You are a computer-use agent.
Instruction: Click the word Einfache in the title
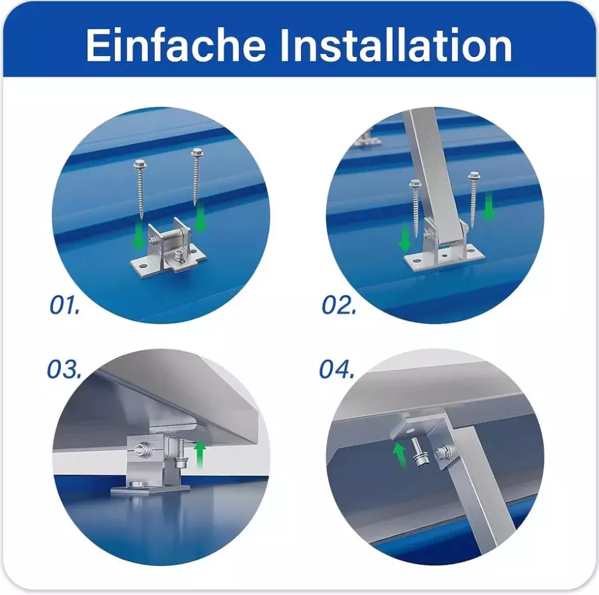click(176, 45)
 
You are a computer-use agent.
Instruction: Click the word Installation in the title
click(396, 45)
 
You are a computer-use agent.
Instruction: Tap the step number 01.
click(65, 305)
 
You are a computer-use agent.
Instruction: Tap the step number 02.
click(339, 305)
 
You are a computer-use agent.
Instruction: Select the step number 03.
click(64, 369)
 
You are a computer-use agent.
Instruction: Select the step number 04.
click(337, 369)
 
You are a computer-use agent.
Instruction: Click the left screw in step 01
click(139, 191)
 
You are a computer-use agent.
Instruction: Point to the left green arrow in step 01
click(139, 237)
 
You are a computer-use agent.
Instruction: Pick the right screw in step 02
click(474, 195)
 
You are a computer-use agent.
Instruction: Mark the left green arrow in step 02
click(404, 238)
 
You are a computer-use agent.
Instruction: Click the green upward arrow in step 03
click(200, 454)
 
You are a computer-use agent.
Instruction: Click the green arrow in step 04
click(399, 455)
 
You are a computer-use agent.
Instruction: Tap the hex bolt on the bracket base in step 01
click(179, 256)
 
